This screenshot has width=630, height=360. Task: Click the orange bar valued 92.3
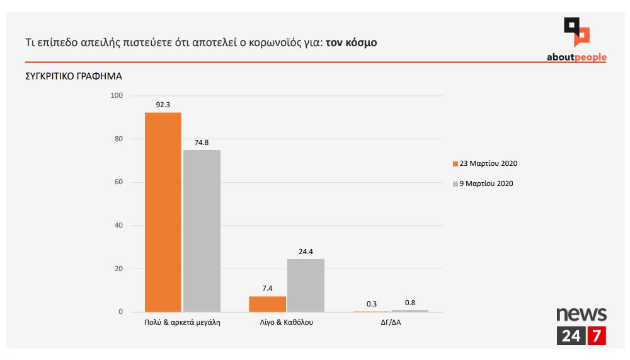click(x=163, y=212)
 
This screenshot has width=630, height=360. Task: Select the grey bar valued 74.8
click(x=202, y=231)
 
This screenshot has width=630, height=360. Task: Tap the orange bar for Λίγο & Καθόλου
click(x=267, y=304)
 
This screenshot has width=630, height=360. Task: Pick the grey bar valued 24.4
click(x=306, y=286)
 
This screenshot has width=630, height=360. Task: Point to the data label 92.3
click(x=163, y=105)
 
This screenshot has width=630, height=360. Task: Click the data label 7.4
click(x=267, y=288)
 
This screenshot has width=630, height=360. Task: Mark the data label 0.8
click(x=409, y=303)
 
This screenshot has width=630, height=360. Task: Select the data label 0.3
click(x=372, y=304)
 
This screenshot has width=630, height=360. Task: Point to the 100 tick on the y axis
click(x=117, y=96)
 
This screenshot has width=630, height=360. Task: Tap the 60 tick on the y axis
click(x=118, y=182)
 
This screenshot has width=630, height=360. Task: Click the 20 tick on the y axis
click(x=118, y=269)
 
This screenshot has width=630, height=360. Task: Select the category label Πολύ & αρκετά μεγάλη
click(x=183, y=322)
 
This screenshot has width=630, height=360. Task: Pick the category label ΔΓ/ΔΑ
click(x=391, y=322)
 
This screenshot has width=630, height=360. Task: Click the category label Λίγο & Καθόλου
click(x=287, y=322)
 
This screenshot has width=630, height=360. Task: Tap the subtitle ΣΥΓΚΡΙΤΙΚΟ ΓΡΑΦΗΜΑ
click(x=74, y=76)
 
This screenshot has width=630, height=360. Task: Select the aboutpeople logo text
click(x=576, y=57)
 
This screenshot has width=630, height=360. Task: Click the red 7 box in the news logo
click(x=596, y=336)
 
